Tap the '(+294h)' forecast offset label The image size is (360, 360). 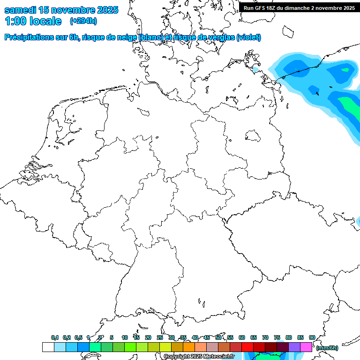pos(83,21)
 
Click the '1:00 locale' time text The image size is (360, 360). pos(33,21)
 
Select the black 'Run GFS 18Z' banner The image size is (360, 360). pos(299,7)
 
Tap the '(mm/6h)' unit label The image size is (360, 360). pos(327,348)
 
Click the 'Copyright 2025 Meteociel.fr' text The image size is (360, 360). pos(199,356)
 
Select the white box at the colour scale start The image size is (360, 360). pos(48,347)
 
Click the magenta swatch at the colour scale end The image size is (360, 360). pos(306,347)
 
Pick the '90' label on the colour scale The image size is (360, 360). pos(312,337)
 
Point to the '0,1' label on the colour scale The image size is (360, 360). pos(55,337)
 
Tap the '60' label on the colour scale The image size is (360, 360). pos(242,337)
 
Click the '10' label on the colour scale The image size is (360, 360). pos(125,337)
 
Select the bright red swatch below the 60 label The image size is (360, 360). pos(247,347)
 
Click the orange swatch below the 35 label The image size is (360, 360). pos(189,347)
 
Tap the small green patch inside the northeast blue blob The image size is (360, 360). pos(346,70)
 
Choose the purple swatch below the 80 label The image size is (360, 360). pos(294,347)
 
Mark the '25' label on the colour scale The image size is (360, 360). pos(160,337)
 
